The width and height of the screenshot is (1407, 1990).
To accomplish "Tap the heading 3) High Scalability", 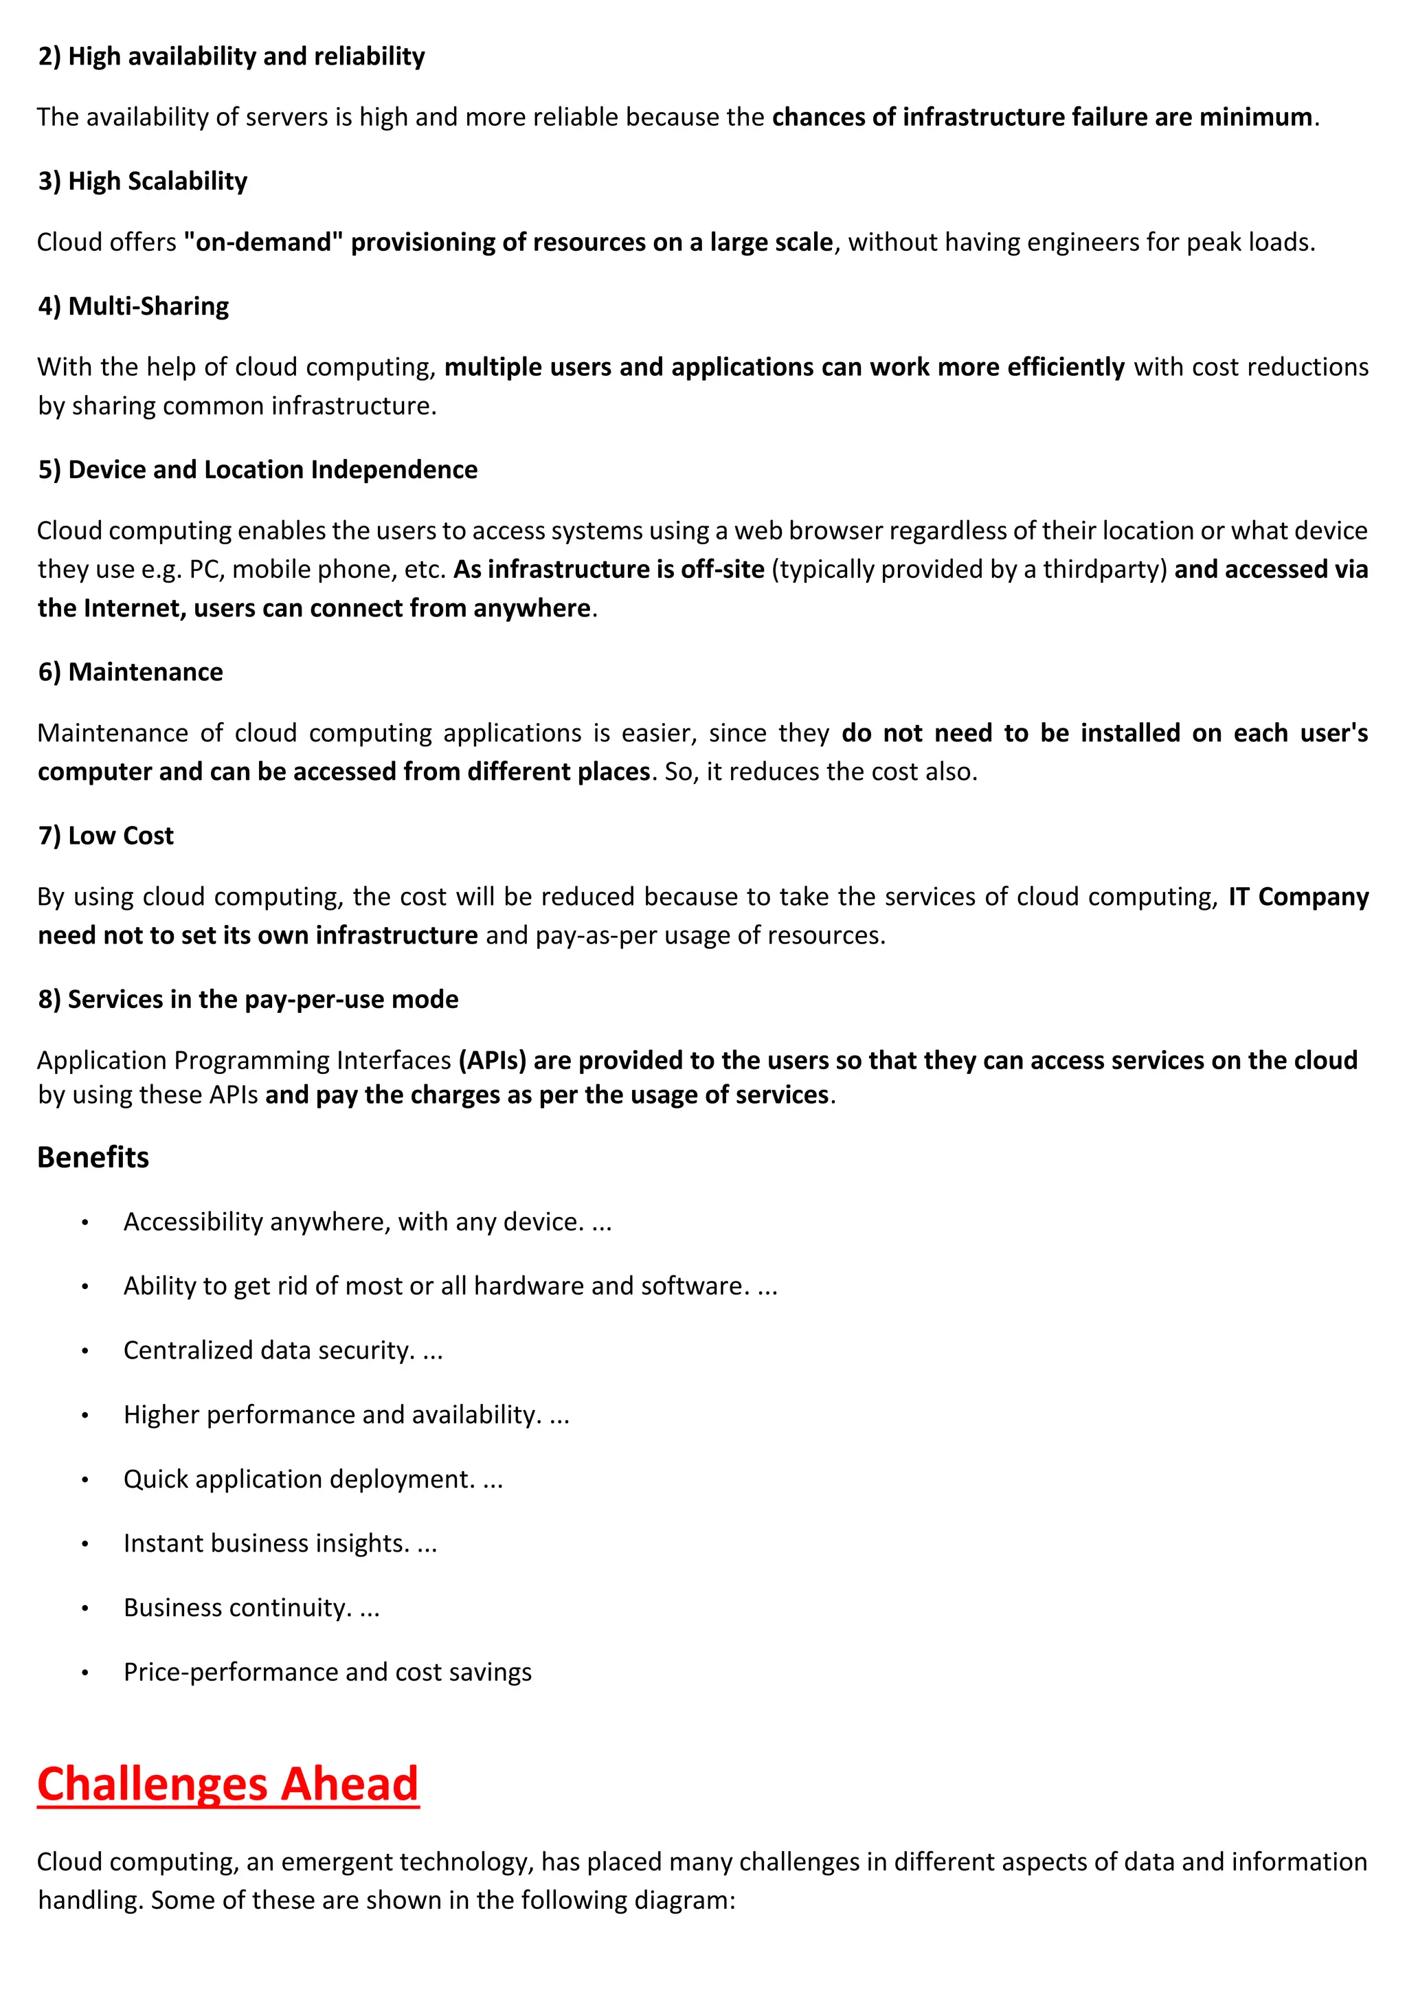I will [x=142, y=181].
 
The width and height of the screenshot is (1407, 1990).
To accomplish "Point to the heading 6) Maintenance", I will [x=130, y=672].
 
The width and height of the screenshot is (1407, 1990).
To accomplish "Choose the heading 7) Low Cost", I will [x=106, y=836].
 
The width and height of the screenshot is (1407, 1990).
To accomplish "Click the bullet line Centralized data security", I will [x=282, y=1350].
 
